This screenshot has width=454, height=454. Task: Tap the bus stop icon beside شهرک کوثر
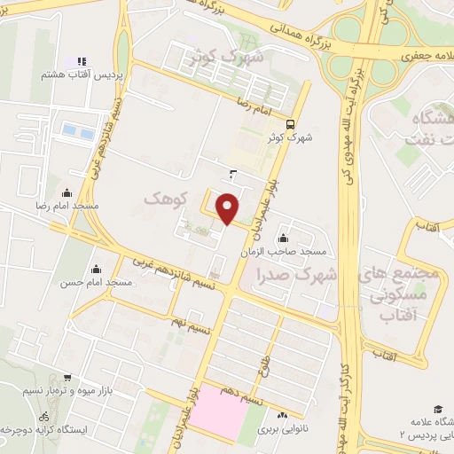click(x=292, y=123)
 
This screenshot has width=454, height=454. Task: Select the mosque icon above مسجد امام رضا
click(x=66, y=192)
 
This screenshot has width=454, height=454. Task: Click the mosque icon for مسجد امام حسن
click(x=96, y=269)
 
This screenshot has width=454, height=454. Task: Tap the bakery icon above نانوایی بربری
click(x=282, y=415)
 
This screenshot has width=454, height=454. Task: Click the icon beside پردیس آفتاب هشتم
click(x=82, y=61)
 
